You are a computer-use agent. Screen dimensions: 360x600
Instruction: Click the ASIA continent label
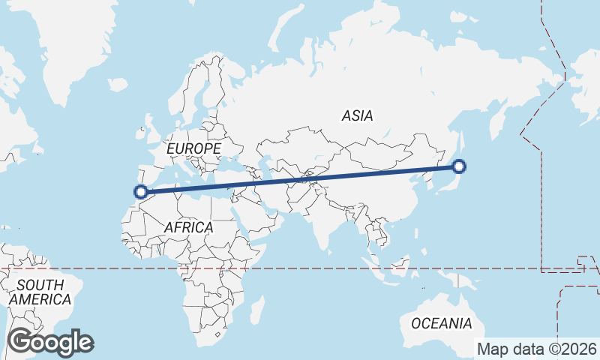click(x=357, y=115)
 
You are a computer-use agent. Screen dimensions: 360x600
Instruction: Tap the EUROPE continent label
click(x=193, y=149)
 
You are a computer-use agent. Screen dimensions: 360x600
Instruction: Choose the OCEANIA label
click(x=442, y=323)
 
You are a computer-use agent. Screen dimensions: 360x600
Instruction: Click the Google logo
click(x=50, y=342)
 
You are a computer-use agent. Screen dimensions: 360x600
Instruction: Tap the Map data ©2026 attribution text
click(x=537, y=349)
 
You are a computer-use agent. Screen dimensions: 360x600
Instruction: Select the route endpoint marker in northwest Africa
click(x=139, y=192)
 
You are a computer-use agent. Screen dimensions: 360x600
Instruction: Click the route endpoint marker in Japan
click(x=460, y=167)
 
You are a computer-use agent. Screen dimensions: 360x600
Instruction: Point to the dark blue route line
click(x=300, y=179)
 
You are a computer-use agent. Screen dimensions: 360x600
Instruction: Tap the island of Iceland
click(x=118, y=83)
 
